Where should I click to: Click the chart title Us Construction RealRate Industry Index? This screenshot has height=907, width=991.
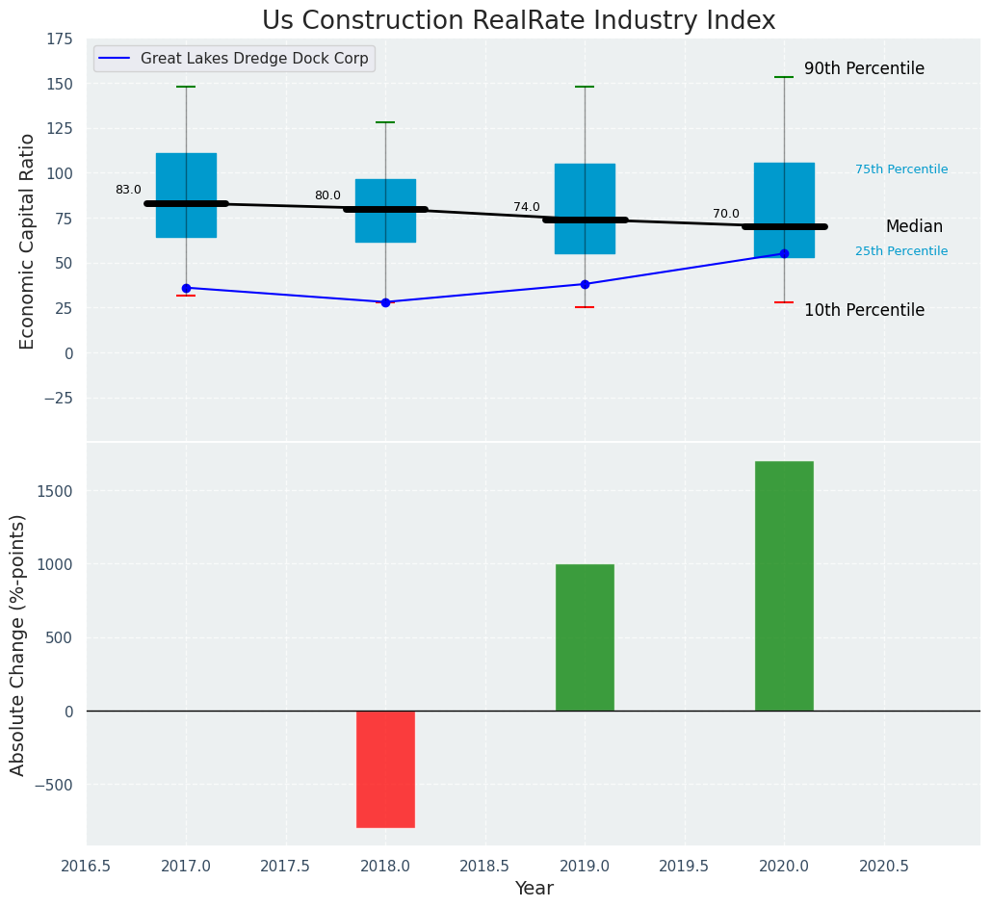click(x=518, y=21)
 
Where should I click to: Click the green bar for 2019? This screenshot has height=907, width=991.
click(x=585, y=637)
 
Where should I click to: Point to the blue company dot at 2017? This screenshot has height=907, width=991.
click(x=186, y=288)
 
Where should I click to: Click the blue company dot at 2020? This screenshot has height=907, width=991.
click(x=784, y=253)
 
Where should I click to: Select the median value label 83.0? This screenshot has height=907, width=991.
click(x=128, y=191)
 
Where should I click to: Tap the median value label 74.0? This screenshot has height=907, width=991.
click(x=527, y=208)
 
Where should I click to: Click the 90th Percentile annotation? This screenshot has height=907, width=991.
click(x=864, y=69)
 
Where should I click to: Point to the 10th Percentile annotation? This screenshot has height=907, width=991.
click(x=864, y=311)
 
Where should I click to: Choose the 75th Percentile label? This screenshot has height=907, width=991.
click(x=901, y=170)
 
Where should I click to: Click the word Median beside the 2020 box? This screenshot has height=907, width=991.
click(x=914, y=227)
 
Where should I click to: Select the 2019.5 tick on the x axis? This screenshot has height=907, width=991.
click(x=684, y=866)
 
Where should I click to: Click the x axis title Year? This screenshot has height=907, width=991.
click(x=534, y=889)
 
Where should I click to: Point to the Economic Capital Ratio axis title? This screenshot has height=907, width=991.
click(x=28, y=241)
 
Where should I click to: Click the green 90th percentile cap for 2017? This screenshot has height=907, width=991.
click(x=186, y=87)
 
